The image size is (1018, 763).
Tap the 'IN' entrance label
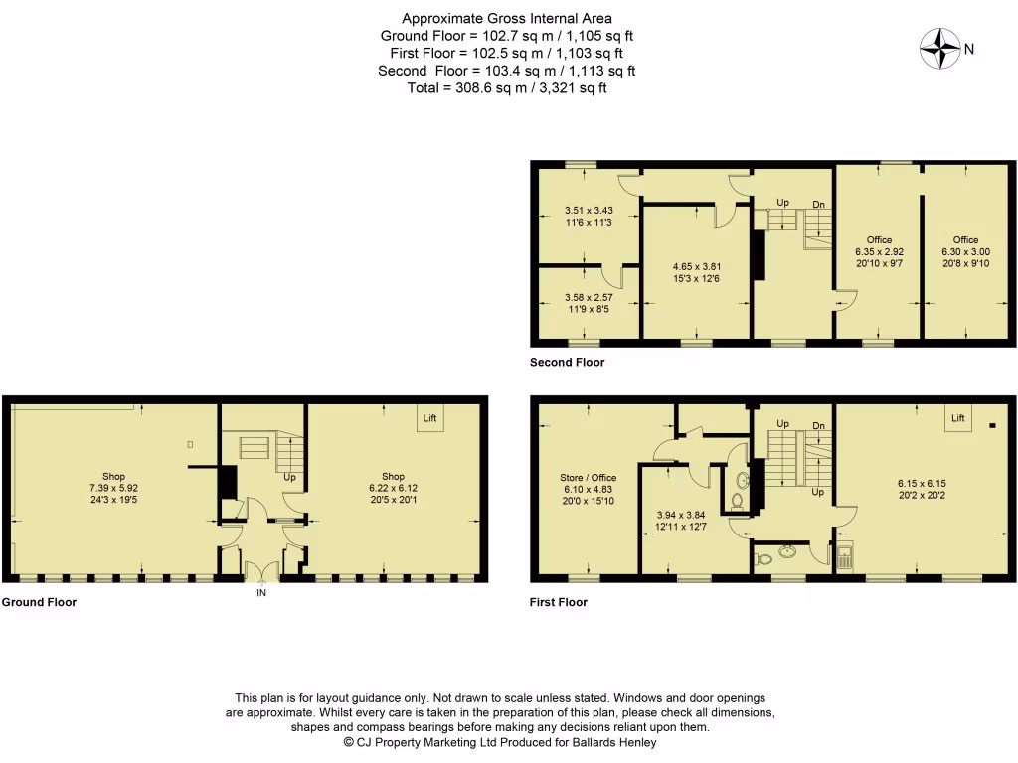tap(262, 593)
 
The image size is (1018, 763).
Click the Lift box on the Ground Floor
tap(430, 418)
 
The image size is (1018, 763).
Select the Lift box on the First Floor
tap(958, 418)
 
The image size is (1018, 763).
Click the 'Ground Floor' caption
tap(39, 602)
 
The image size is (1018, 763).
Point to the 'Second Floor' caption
tap(567, 363)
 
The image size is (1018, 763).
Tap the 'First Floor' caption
tap(559, 602)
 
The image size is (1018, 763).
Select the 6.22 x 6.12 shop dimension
tap(387, 488)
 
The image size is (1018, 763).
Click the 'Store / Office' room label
tap(589, 478)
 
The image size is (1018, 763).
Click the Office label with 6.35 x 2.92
tap(879, 240)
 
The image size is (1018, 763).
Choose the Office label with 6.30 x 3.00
tap(965, 240)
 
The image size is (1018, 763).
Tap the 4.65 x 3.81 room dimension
tap(696, 266)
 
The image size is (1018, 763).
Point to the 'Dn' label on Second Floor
tap(818, 205)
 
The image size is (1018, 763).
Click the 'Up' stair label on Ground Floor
tap(290, 477)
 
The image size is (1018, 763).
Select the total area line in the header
tap(507, 87)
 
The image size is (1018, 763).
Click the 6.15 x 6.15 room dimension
tap(921, 488)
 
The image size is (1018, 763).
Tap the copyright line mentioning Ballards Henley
tap(500, 741)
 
